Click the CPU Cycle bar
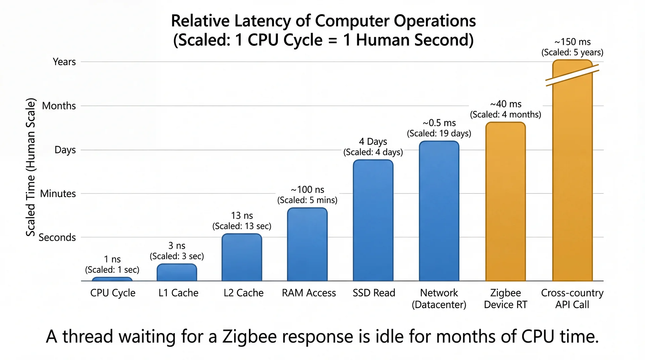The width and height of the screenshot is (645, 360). coord(112,279)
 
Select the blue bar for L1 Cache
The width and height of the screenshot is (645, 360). coord(177,272)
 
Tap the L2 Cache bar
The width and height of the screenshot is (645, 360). coord(242,257)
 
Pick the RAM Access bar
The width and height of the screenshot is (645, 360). coord(307,244)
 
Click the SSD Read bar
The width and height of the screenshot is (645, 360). coord(373,220)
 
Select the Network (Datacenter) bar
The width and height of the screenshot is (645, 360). coord(439,211)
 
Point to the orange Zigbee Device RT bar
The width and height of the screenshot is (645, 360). coord(506,201)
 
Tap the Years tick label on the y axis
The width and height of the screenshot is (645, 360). coord(64,62)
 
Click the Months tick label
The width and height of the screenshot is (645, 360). coord(59,106)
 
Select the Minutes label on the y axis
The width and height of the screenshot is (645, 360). coord(58,193)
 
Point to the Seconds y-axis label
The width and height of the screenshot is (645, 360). coord(57,237)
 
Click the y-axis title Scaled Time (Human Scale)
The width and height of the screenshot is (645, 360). coord(31,167)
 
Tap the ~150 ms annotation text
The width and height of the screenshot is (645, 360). coord(572,42)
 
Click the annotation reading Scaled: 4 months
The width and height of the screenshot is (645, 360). coord(506,115)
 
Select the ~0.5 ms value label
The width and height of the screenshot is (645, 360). coord(439,123)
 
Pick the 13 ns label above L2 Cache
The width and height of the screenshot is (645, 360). coord(242,216)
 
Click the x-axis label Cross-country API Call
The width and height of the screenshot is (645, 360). coord(572,299)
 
